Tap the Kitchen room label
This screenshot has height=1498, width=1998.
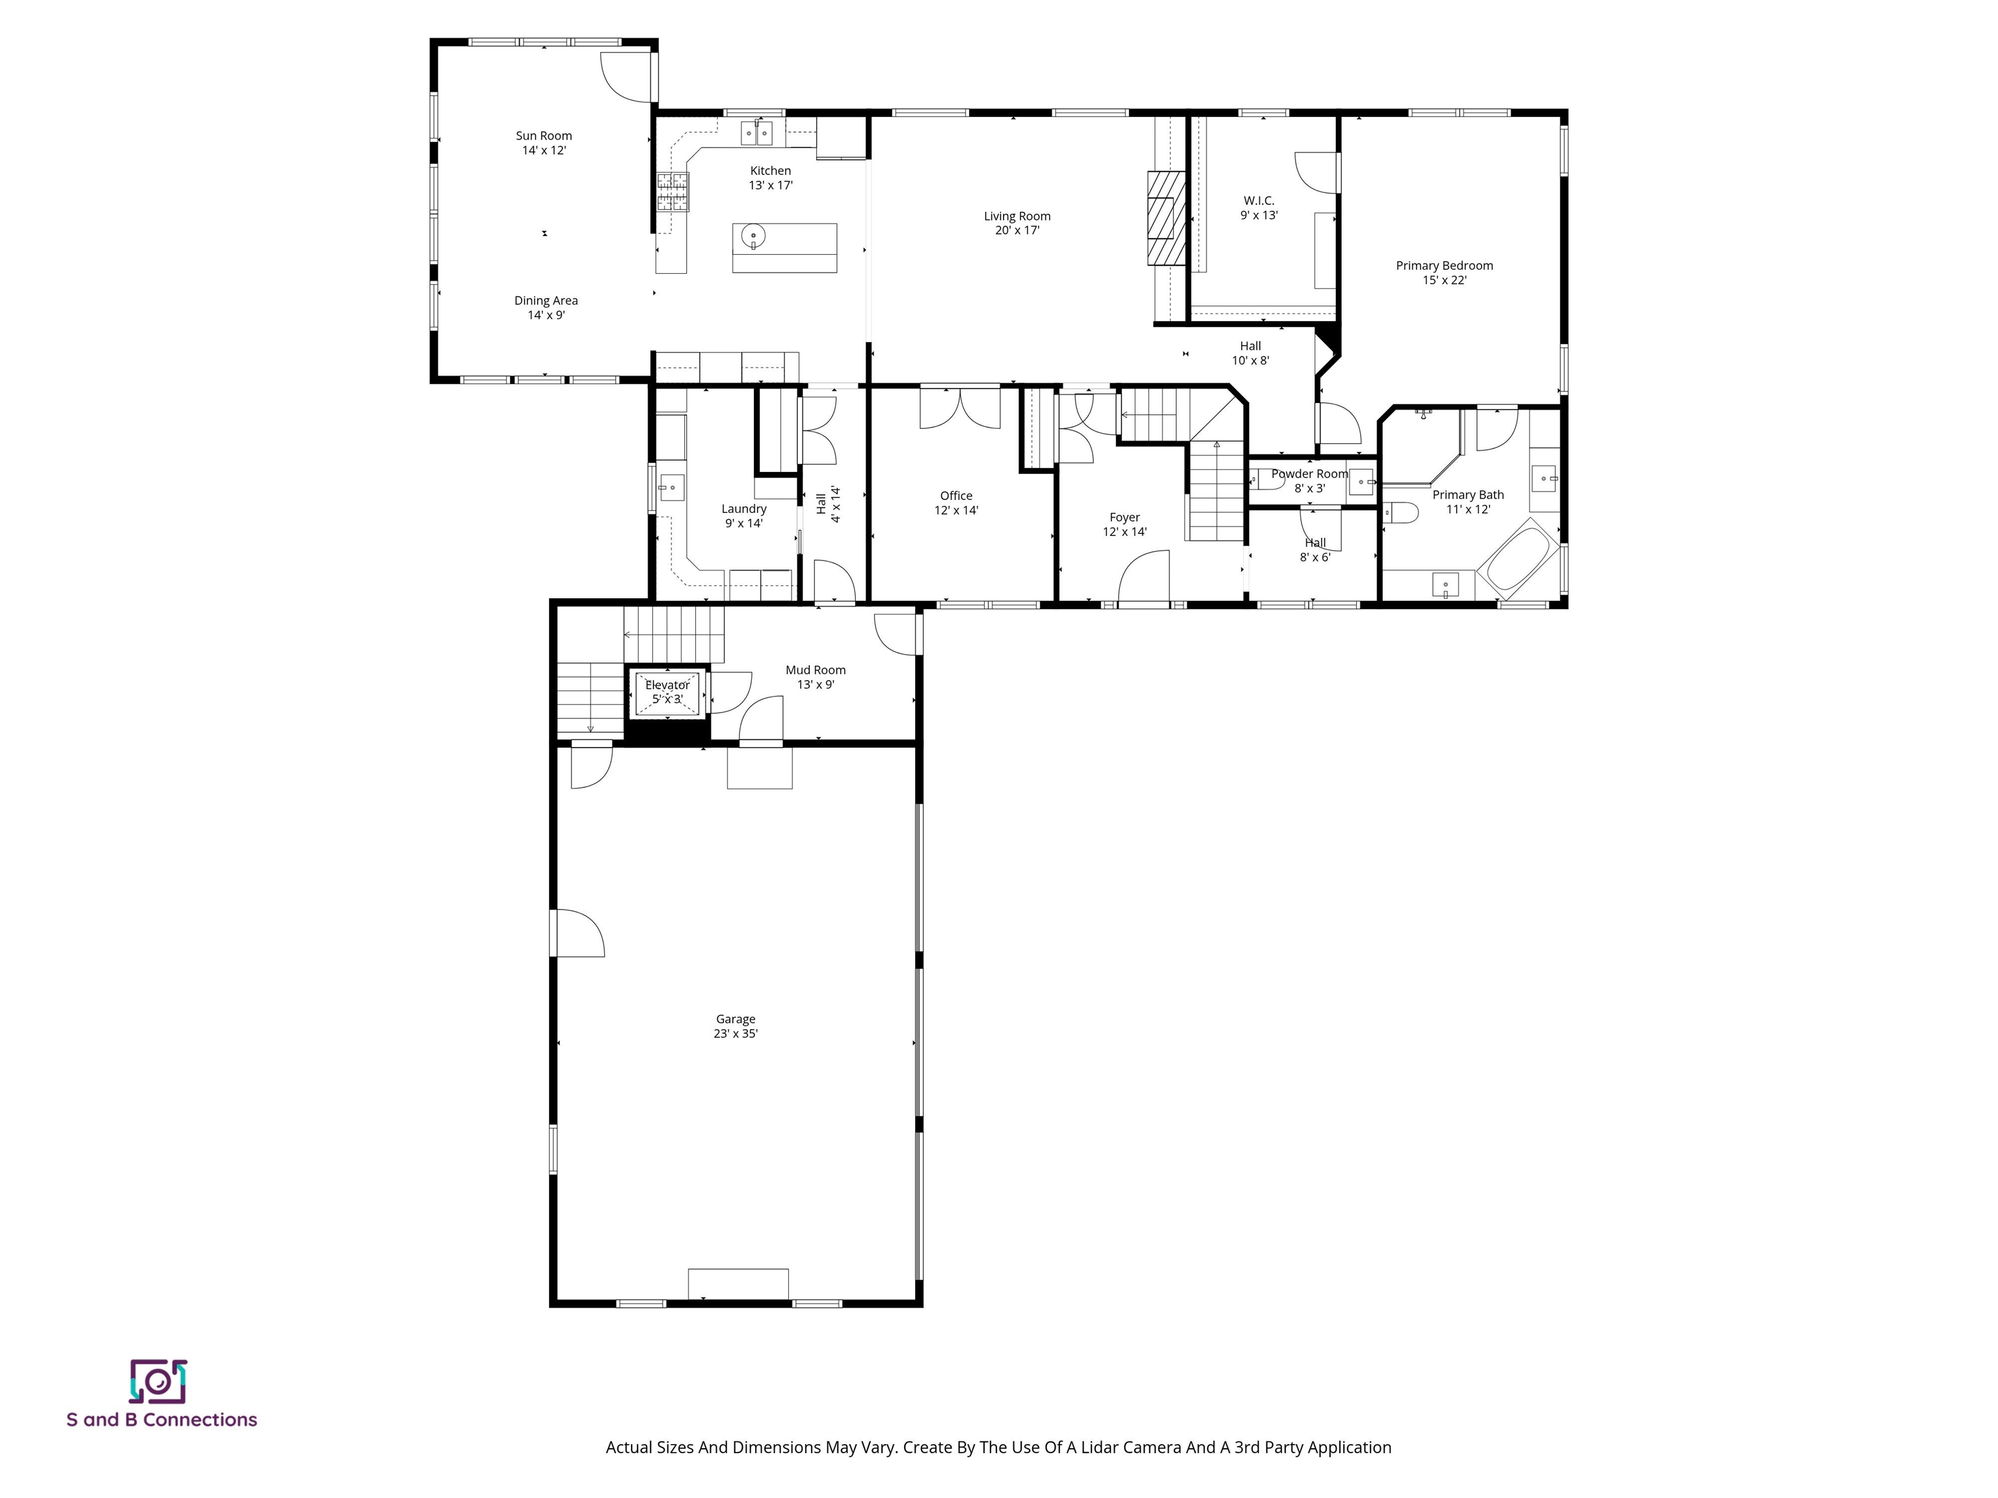pyautogui.click(x=771, y=170)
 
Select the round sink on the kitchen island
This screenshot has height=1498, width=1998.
pyautogui.click(x=753, y=237)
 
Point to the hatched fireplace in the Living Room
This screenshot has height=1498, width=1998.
pyautogui.click(x=1166, y=218)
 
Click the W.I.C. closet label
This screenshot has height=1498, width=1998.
pyautogui.click(x=1259, y=200)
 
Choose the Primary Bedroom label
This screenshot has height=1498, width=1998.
pyautogui.click(x=1445, y=265)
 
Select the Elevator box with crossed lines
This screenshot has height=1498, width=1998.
pyautogui.click(x=667, y=692)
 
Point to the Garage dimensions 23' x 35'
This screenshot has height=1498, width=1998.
pyautogui.click(x=735, y=1034)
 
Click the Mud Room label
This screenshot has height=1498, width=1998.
pyautogui.click(x=816, y=670)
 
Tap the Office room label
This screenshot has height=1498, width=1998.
pyautogui.click(x=957, y=495)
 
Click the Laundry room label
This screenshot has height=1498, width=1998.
pyautogui.click(x=744, y=509)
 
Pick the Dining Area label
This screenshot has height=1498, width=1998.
pyautogui.click(x=546, y=300)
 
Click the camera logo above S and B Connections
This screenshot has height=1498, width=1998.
pyautogui.click(x=158, y=1382)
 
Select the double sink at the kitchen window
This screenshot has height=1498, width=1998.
pyautogui.click(x=757, y=134)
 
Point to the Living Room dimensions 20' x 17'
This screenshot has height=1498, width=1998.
pyautogui.click(x=1017, y=230)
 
